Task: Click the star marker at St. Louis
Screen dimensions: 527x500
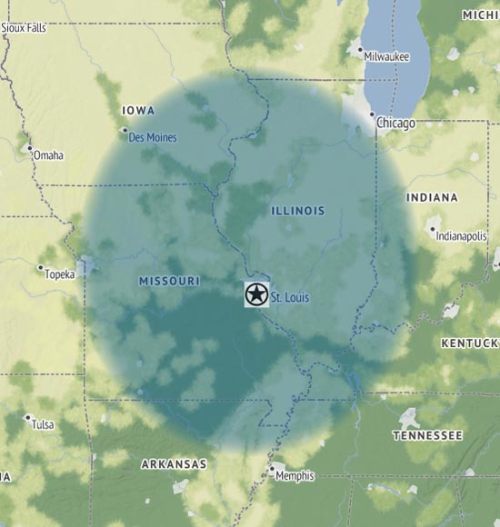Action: tap(255, 294)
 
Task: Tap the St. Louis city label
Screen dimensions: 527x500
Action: tap(291, 297)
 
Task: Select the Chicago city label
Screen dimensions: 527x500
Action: tap(396, 123)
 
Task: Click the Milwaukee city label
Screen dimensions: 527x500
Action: tap(386, 56)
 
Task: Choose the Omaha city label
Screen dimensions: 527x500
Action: tap(48, 155)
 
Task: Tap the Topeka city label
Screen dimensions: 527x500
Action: tap(60, 273)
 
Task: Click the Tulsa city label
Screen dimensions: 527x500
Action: tap(43, 424)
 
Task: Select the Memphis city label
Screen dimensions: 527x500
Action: tap(295, 475)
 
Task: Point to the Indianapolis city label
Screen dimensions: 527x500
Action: tap(462, 235)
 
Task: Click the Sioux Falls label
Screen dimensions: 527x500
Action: tap(24, 28)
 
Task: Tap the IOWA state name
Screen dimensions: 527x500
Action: tap(138, 111)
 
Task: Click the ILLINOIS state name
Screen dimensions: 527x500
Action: tap(297, 211)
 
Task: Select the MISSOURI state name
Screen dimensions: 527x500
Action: tap(169, 282)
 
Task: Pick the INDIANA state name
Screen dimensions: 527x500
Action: tap(432, 197)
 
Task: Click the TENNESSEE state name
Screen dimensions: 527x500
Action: tap(427, 436)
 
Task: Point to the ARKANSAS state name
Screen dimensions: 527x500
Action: tap(174, 464)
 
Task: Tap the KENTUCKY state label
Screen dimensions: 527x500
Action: tap(470, 343)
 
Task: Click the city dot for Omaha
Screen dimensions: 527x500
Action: tap(29, 148)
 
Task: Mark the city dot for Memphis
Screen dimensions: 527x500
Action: tap(271, 469)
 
